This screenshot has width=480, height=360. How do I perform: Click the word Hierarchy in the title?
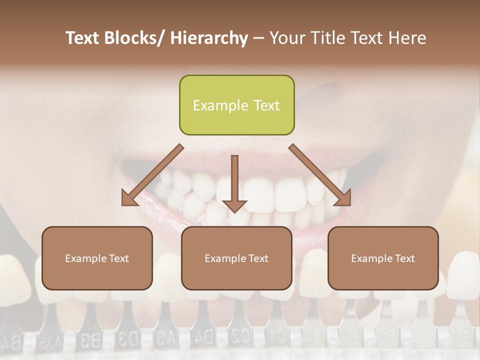tap(209, 38)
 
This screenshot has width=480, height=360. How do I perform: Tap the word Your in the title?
tap(287, 38)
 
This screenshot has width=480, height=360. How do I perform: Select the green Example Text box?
tap(236, 105)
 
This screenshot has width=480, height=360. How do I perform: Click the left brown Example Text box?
tap(97, 258)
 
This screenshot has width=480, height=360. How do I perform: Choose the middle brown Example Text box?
tap(236, 258)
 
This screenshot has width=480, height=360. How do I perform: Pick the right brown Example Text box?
tap(383, 258)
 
